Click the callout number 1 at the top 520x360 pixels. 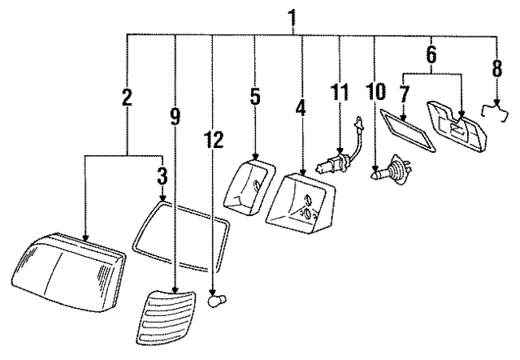[x=293, y=15]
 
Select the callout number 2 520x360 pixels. [x=127, y=98]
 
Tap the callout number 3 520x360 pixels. [x=163, y=175]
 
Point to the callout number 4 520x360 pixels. [x=302, y=128]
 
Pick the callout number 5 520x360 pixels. [x=254, y=98]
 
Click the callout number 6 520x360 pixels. [x=431, y=55]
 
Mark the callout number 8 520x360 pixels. [x=497, y=66]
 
